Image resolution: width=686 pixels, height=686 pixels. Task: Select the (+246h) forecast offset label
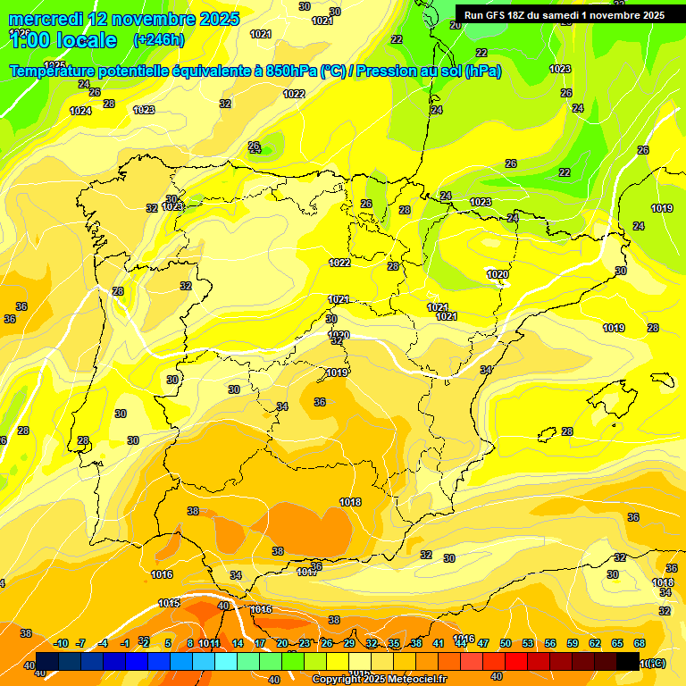[x=158, y=39]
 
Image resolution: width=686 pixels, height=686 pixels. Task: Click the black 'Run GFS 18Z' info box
[x=564, y=14]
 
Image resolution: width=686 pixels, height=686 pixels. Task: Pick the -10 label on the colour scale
[x=61, y=643]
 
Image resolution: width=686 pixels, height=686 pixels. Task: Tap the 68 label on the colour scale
[x=640, y=643]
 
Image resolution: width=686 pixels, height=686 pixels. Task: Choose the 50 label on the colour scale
[x=506, y=643]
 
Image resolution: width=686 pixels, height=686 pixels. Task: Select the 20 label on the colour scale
[x=282, y=643]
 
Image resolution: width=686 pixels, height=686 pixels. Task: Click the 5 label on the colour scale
[x=168, y=643]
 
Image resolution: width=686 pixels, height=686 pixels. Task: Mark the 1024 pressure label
[x=80, y=111]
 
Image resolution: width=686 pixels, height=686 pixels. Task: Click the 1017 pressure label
[x=307, y=571]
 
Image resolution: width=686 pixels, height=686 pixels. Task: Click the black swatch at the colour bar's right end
[x=627, y=661]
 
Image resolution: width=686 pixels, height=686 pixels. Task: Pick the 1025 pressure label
[x=54, y=65]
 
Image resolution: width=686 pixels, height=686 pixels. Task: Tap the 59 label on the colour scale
[x=573, y=643]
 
